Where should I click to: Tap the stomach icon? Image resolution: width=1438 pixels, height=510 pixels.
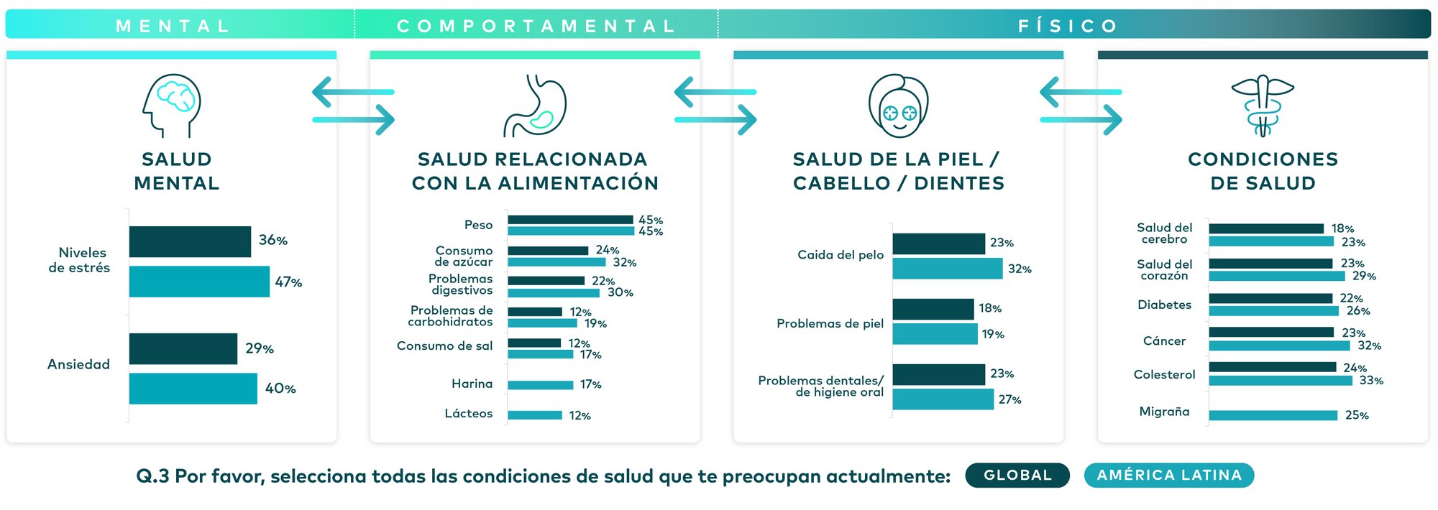pos(536,106)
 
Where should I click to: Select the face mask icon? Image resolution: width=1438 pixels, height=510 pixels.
pos(899,106)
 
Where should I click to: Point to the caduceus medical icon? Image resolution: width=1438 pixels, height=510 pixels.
pos(1263,106)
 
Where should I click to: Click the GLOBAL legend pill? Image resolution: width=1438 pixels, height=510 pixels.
pos(1017,476)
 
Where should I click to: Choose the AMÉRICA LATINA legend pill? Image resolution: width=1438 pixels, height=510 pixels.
pos(1169,476)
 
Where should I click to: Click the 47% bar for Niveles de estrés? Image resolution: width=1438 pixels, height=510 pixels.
pos(199,282)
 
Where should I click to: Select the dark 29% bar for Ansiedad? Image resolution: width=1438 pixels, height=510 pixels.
pos(183,348)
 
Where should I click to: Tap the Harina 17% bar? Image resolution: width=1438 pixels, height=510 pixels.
pos(540,385)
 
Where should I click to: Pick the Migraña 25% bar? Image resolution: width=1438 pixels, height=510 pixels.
pos(1273,415)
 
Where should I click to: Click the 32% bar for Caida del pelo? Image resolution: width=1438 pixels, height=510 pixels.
pos(947,269)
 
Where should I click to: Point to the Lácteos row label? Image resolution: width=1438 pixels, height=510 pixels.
pos(469,414)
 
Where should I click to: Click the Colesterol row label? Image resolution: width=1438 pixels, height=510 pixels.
pos(1164,375)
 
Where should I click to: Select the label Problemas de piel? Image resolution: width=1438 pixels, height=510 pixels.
pos(830,324)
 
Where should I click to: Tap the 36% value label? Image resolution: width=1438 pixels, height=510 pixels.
pos(273,241)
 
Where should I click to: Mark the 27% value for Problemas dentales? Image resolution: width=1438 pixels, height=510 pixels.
pos(1009,400)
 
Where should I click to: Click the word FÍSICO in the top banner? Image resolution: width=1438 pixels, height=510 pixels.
pos(1068,27)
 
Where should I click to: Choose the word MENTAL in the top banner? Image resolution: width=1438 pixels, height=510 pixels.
pos(173,27)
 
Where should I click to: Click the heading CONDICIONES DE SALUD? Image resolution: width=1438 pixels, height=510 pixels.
pos(1263,171)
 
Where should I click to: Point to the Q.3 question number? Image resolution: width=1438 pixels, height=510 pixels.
pos(152,476)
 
